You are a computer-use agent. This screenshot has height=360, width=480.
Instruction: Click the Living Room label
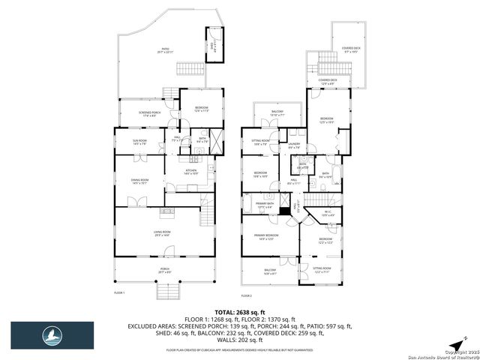click(x=163, y=233)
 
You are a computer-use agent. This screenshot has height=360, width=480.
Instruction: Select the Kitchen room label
click(x=191, y=172)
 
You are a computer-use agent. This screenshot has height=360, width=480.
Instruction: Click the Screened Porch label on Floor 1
click(x=148, y=114)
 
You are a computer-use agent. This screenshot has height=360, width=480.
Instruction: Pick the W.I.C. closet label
click(x=327, y=212)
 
